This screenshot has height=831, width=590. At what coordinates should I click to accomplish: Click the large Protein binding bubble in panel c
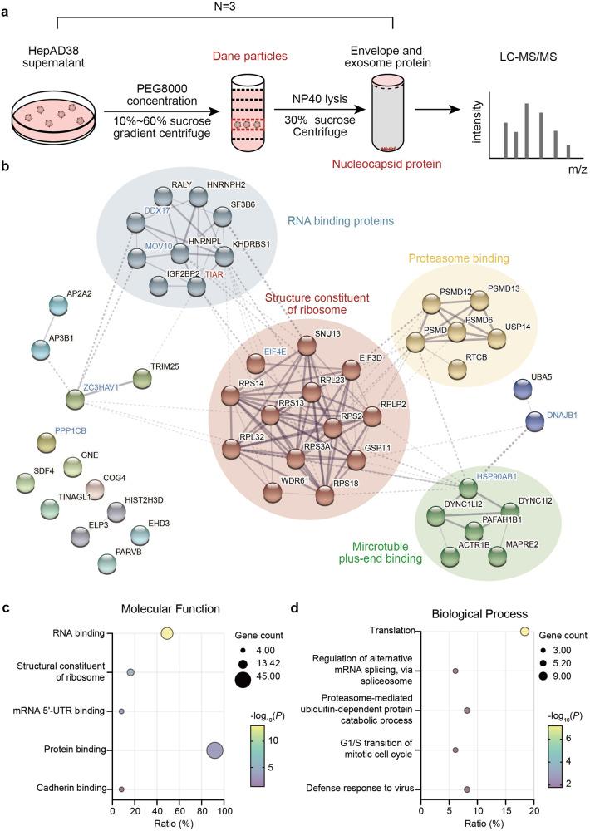pyautogui.click(x=214, y=750)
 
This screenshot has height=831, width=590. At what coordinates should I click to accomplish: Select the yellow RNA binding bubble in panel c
pyautogui.click(x=167, y=634)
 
